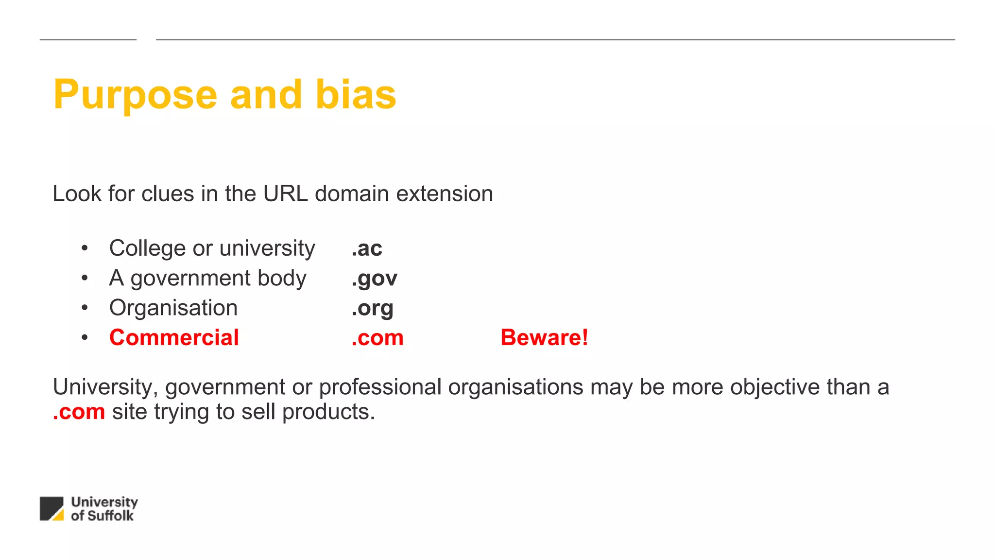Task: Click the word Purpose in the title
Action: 135,95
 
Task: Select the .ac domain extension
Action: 367,248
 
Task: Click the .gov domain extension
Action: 374,279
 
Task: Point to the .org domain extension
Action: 372,308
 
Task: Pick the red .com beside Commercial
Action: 377,338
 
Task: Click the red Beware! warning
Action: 544,337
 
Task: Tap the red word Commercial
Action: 174,337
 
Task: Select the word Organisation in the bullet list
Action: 173,308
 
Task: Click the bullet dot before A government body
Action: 85,278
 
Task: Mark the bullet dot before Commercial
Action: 85,337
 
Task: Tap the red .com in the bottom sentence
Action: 79,412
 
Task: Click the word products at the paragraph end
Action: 328,412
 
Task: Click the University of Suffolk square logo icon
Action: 51,508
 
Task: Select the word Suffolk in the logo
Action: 110,516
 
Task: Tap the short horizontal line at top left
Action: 88,40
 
